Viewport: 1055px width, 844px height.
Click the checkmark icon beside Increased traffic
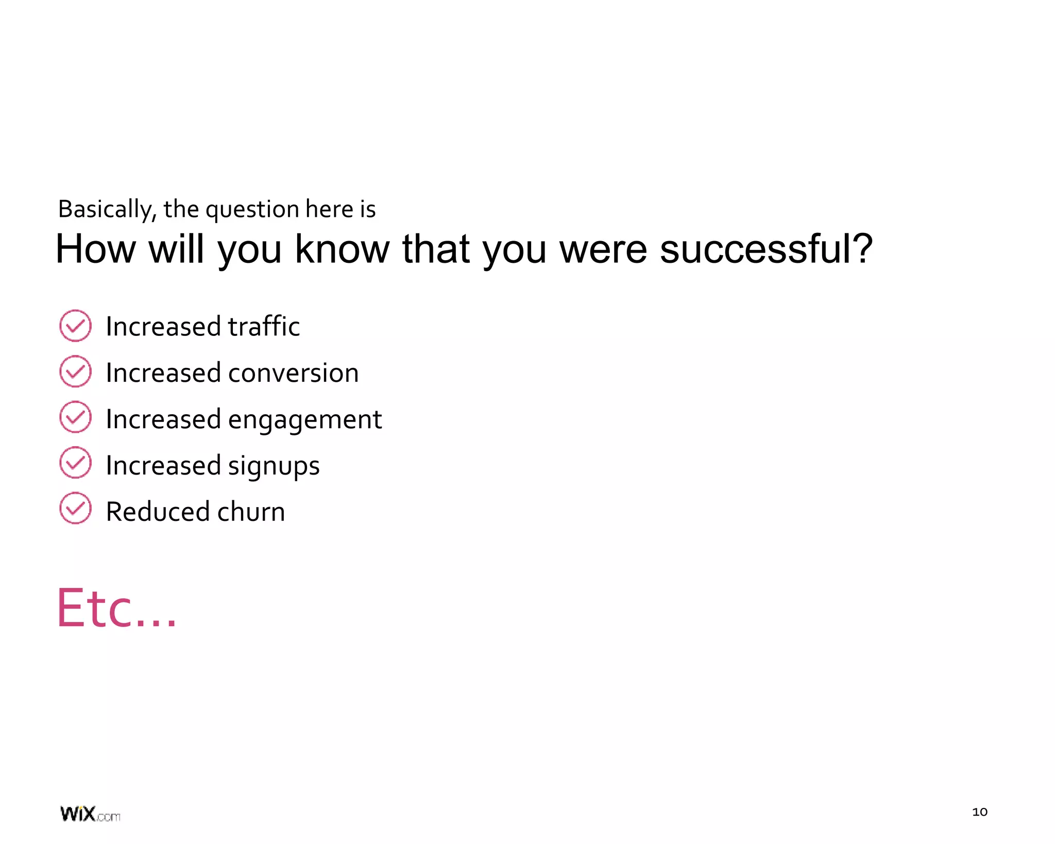[75, 326]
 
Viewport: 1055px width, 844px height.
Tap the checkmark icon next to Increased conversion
[75, 372]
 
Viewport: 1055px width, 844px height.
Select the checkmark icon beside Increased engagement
[75, 417]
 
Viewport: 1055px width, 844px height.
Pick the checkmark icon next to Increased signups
[75, 463]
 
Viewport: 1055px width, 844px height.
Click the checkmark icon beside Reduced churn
[75, 509]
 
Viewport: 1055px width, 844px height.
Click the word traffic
[264, 326]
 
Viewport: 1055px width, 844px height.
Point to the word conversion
[293, 373]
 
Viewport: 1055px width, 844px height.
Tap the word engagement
[304, 420]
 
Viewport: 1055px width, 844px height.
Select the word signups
[274, 466]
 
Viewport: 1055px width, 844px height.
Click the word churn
[251, 512]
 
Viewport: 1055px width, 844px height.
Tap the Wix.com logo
[90, 814]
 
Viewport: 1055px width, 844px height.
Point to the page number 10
[979, 812]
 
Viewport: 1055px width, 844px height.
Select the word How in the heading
[95, 249]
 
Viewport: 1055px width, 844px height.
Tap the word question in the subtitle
[252, 209]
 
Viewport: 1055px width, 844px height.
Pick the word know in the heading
[342, 249]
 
